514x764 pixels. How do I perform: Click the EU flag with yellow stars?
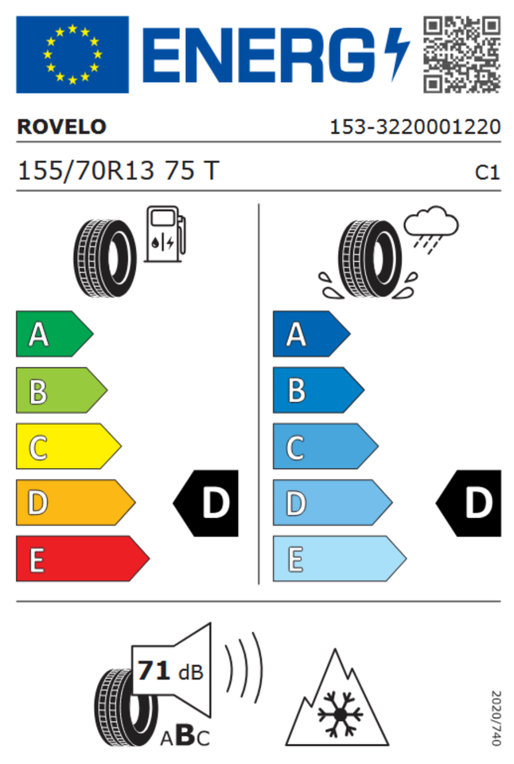[x=72, y=55]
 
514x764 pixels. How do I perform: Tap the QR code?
[x=461, y=55]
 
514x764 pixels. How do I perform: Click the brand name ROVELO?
[x=62, y=127]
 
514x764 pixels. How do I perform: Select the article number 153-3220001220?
[x=415, y=127]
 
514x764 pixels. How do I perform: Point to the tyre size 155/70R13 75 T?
[x=119, y=171]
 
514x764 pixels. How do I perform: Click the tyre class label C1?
[x=487, y=173]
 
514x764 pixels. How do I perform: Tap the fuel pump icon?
[x=165, y=234]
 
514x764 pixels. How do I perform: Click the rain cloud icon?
[x=431, y=229]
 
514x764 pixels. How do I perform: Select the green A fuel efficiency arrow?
[x=55, y=333]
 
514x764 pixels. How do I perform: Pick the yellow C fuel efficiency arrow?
[x=68, y=446]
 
